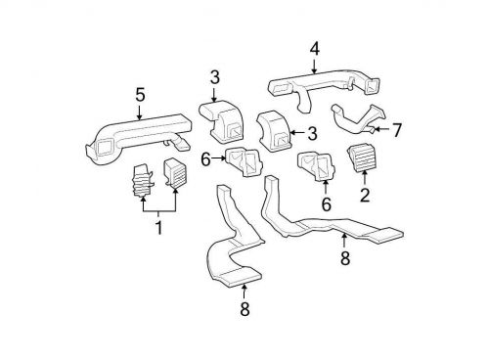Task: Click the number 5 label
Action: coord(140,94)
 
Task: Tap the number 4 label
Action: coord(314,46)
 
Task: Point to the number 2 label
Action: coord(364,194)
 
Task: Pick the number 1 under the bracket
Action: coord(156,228)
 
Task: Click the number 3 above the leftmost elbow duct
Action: coord(214,77)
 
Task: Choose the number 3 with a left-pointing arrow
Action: coord(311,133)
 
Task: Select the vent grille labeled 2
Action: coord(362,157)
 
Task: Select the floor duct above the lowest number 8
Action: coord(230,254)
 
